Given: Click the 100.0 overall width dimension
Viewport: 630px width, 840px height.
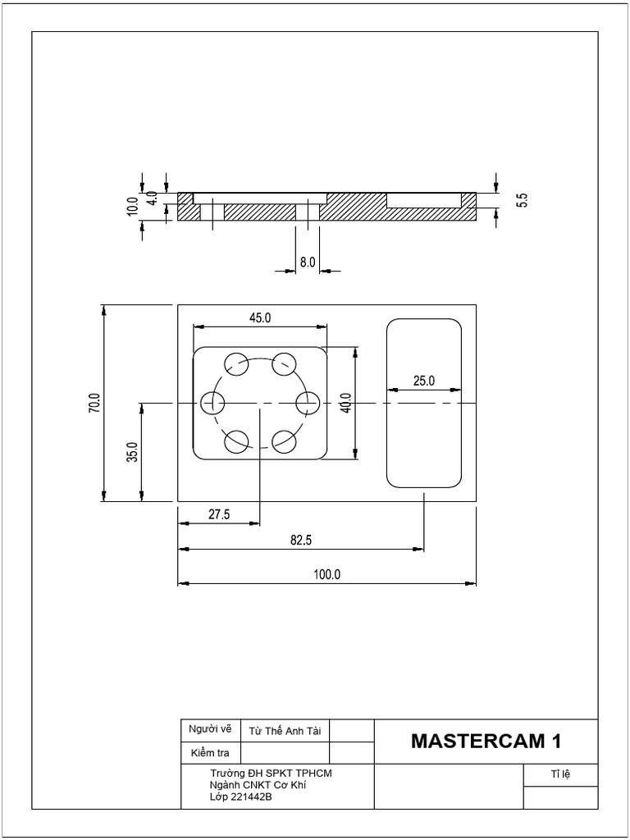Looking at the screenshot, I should pos(326,575).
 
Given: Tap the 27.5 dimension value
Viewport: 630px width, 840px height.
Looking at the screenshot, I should pos(219,514).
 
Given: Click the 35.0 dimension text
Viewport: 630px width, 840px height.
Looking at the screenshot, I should pos(132,453).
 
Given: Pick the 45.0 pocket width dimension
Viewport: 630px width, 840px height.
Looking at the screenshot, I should pos(259,317).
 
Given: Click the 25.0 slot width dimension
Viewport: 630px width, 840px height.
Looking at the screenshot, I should pos(424,381).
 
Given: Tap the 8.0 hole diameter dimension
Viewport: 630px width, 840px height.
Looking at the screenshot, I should pos(307,262).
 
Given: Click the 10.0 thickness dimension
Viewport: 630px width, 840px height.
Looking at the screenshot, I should pos(132,206).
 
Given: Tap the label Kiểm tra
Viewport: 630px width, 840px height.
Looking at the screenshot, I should pos(210,752).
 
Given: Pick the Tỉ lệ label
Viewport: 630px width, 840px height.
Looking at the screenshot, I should pos(560,774).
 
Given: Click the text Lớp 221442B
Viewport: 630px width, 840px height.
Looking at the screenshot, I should pos(241,797).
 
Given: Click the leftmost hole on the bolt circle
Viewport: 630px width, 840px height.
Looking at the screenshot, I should pos(213,403).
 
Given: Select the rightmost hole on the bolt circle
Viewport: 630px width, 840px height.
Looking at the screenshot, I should pos(307,403).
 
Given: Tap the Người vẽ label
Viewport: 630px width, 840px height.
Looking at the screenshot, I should pos(210,728).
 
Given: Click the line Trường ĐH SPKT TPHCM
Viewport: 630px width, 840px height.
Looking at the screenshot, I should pos(271,774).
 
